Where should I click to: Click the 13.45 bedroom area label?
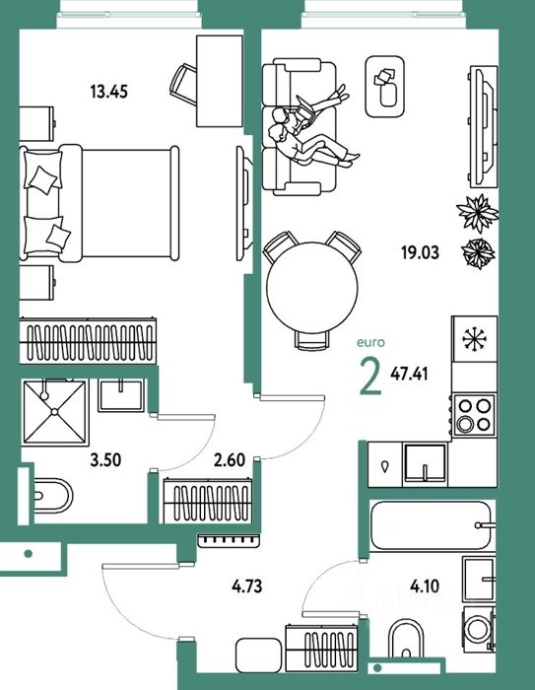pyautogui.click(x=108, y=92)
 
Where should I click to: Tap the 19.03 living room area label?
pyautogui.click(x=420, y=253)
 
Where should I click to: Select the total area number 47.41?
pyautogui.click(x=409, y=374)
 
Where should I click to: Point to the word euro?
pyautogui.click(x=370, y=342)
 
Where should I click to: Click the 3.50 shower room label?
pyautogui.click(x=105, y=460)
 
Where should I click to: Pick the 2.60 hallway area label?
pyautogui.click(x=230, y=460)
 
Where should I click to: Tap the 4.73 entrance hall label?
pyautogui.click(x=247, y=586)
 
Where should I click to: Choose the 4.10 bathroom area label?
pyautogui.click(x=425, y=586)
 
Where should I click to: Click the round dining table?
pyautogui.click(x=312, y=288)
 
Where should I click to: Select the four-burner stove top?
pyautogui.click(x=474, y=415)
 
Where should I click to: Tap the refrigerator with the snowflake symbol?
pyautogui.click(x=474, y=339)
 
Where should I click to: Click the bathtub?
pyautogui.click(x=431, y=525)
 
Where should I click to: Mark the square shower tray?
pyautogui.click(x=54, y=412)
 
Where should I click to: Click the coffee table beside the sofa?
pyautogui.click(x=385, y=87)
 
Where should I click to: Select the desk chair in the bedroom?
pyautogui.click(x=183, y=85)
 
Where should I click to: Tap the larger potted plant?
pyautogui.click(x=478, y=214)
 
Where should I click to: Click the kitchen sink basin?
pyautogui.click(x=426, y=464)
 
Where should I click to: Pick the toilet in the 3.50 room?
pyautogui.click(x=52, y=496)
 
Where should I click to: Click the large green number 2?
pyautogui.click(x=370, y=377)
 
